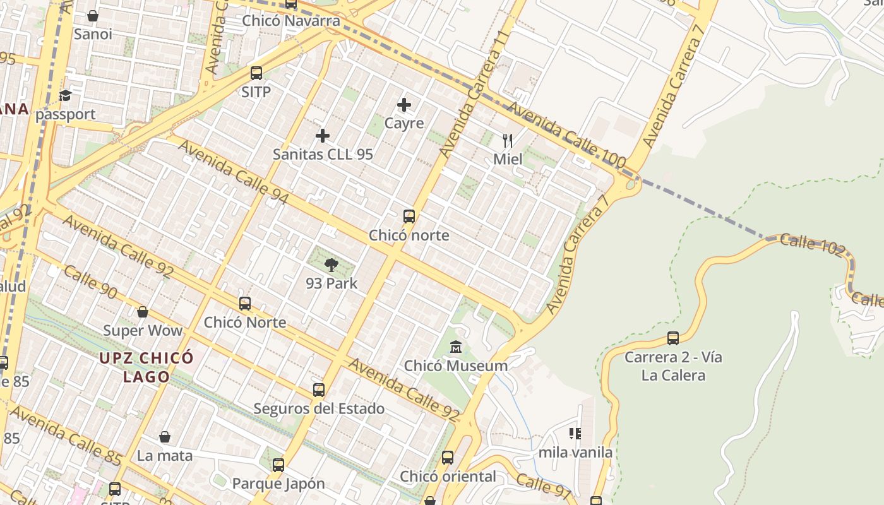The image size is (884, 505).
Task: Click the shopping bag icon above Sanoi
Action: pyautogui.click(x=93, y=16)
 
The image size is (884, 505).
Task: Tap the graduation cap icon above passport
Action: pyautogui.click(x=65, y=96)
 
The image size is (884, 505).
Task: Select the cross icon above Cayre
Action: pyautogui.click(x=404, y=105)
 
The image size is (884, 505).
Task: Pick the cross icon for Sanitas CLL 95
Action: pyautogui.click(x=323, y=136)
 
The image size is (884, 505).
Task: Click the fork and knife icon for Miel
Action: pyautogui.click(x=508, y=140)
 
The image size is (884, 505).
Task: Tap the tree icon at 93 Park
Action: pyautogui.click(x=331, y=265)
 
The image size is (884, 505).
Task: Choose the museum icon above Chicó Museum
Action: pyautogui.click(x=456, y=347)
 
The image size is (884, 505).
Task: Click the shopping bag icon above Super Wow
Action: pyautogui.click(x=143, y=312)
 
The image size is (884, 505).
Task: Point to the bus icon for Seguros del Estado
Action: pyautogui.click(x=319, y=390)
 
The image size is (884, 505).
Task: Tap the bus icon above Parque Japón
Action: pyautogui.click(x=278, y=465)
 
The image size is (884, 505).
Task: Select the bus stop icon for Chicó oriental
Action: pyautogui.click(x=448, y=458)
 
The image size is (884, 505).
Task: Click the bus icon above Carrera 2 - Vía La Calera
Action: pyautogui.click(x=673, y=338)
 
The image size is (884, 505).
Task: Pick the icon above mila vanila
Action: pyautogui.click(x=575, y=434)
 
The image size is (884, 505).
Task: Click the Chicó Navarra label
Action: pyautogui.click(x=291, y=21)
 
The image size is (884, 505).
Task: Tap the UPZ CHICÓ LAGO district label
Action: pyautogui.click(x=146, y=367)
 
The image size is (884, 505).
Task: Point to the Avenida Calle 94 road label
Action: pyautogui.click(x=233, y=172)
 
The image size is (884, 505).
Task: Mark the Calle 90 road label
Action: pyautogui.click(x=90, y=282)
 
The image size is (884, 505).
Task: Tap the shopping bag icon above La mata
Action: pyautogui.click(x=165, y=437)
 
